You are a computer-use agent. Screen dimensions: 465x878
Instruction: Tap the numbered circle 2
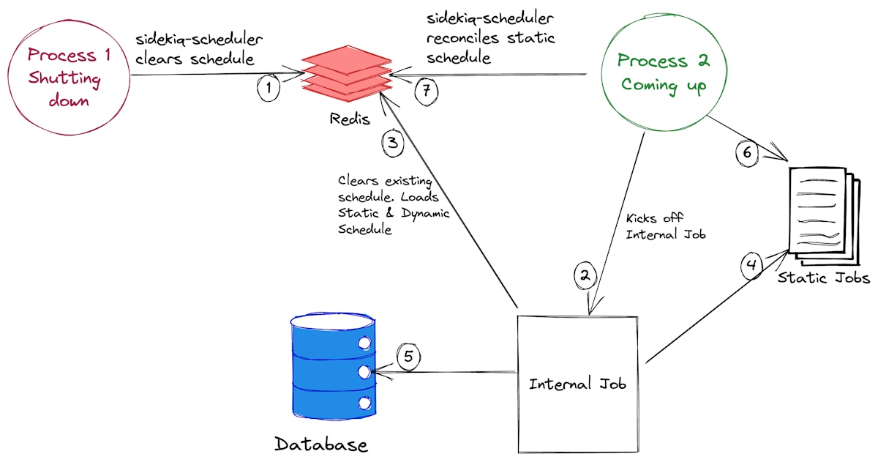pyautogui.click(x=585, y=275)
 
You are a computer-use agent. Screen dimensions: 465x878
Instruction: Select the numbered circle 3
pyautogui.click(x=393, y=142)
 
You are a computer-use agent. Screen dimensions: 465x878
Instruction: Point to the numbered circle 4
pyautogui.click(x=753, y=265)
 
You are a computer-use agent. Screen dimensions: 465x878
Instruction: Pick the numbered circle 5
pyautogui.click(x=409, y=357)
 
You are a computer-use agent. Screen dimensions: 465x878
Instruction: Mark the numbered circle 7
pyautogui.click(x=427, y=91)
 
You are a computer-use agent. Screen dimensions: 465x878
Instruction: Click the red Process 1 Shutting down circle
pyautogui.click(x=66, y=77)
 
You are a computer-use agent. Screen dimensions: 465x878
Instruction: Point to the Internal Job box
pyautogui.click(x=578, y=383)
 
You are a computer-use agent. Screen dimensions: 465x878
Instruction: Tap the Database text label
pyautogui.click(x=321, y=444)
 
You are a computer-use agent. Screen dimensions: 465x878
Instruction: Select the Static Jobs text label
pyautogui.click(x=822, y=278)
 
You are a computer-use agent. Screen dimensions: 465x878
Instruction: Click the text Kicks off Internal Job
pyautogui.click(x=664, y=226)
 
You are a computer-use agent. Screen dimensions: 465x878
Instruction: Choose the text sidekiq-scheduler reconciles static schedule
pyautogui.click(x=491, y=37)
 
